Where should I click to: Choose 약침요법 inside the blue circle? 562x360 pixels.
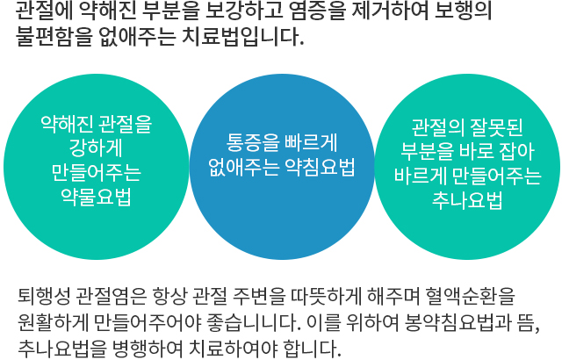[319, 168]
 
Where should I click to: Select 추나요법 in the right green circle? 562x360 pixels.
[467, 201]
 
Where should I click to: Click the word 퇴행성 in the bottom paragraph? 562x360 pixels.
[40, 295]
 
